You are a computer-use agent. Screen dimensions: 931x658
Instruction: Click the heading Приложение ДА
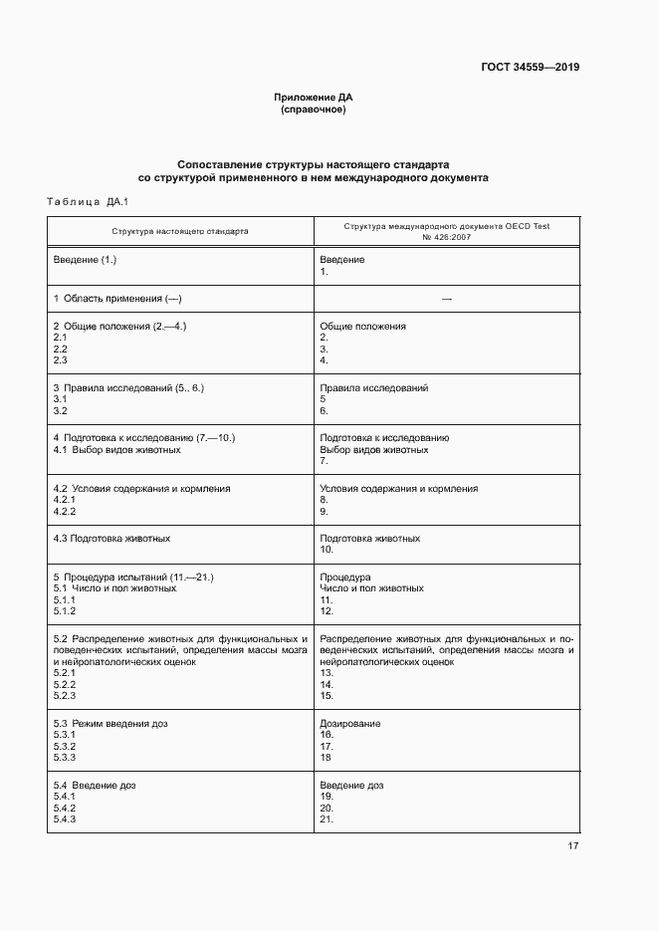314,98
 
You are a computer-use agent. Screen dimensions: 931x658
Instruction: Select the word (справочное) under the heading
314,110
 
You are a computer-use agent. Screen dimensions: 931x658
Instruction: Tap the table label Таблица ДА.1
89,203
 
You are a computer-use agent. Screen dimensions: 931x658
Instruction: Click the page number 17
572,846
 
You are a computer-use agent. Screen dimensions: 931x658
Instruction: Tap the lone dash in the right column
446,299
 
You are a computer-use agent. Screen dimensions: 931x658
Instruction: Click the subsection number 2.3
60,360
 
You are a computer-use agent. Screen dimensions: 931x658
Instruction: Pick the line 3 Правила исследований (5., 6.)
128,387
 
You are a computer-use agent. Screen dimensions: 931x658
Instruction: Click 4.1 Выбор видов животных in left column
116,449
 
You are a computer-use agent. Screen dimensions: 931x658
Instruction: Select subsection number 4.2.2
64,511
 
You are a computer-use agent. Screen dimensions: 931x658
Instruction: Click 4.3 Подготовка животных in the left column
110,539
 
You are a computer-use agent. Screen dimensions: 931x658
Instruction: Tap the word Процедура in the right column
345,578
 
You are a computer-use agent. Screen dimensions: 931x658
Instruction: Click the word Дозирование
350,723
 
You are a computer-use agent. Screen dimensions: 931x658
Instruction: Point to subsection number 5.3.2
64,746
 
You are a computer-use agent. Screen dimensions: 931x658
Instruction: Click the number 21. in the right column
327,819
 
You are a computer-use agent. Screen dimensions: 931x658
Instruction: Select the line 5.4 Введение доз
95,786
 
